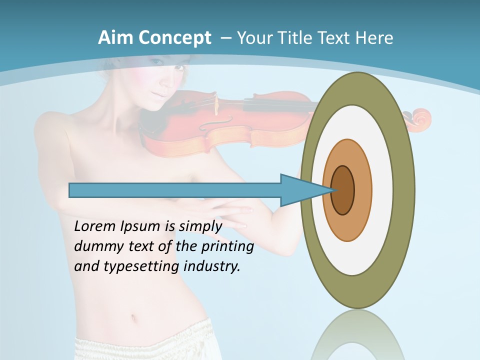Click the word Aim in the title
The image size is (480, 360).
click(x=114, y=38)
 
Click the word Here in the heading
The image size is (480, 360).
click(x=373, y=38)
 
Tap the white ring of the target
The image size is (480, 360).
click(x=382, y=190)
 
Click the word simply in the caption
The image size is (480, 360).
click(x=200, y=226)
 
